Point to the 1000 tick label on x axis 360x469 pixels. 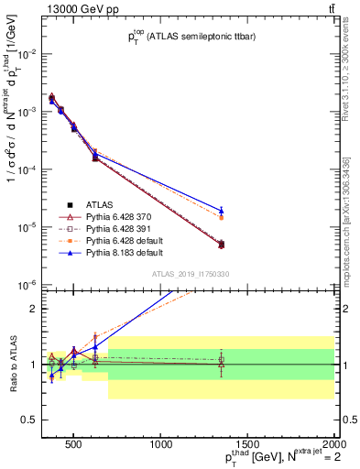(x=161, y=445)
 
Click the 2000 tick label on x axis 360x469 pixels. (x=333, y=445)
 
